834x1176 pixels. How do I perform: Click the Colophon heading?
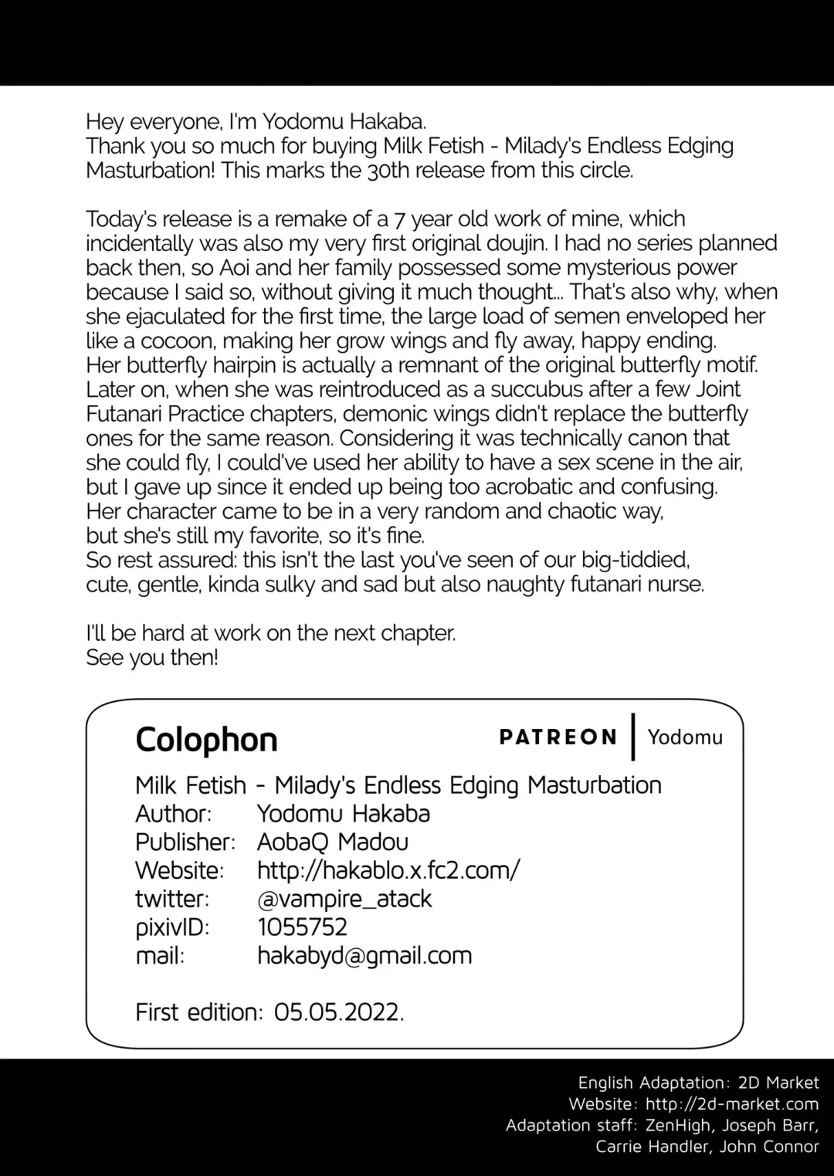206,740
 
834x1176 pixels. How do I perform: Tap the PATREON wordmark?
558,737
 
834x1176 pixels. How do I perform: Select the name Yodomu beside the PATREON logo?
685,737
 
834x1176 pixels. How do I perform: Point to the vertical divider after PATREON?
633,737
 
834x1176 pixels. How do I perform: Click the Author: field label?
173,814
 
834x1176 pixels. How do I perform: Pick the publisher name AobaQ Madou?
333,842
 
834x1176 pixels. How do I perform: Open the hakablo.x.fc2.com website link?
388,870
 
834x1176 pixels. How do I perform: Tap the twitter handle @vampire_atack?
344,899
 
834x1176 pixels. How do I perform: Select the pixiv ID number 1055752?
303,927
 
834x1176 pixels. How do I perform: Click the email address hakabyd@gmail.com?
364,955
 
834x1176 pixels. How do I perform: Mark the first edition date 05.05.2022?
338,1012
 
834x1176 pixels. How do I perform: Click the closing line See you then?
152,658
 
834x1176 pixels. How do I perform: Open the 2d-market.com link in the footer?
731,1104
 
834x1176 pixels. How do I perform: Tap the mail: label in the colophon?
160,956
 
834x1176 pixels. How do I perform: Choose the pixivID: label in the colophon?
172,927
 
